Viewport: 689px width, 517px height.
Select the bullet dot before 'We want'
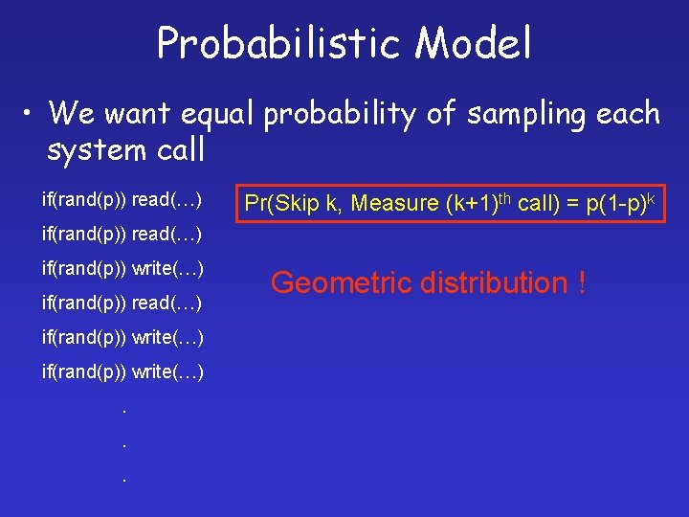(31, 114)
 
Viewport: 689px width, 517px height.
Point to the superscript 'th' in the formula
(505, 197)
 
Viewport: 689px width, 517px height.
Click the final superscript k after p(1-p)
(651, 196)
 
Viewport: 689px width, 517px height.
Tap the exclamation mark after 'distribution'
(582, 282)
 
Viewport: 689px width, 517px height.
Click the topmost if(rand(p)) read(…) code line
(122, 200)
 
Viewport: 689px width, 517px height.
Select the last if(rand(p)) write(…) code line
(122, 371)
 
